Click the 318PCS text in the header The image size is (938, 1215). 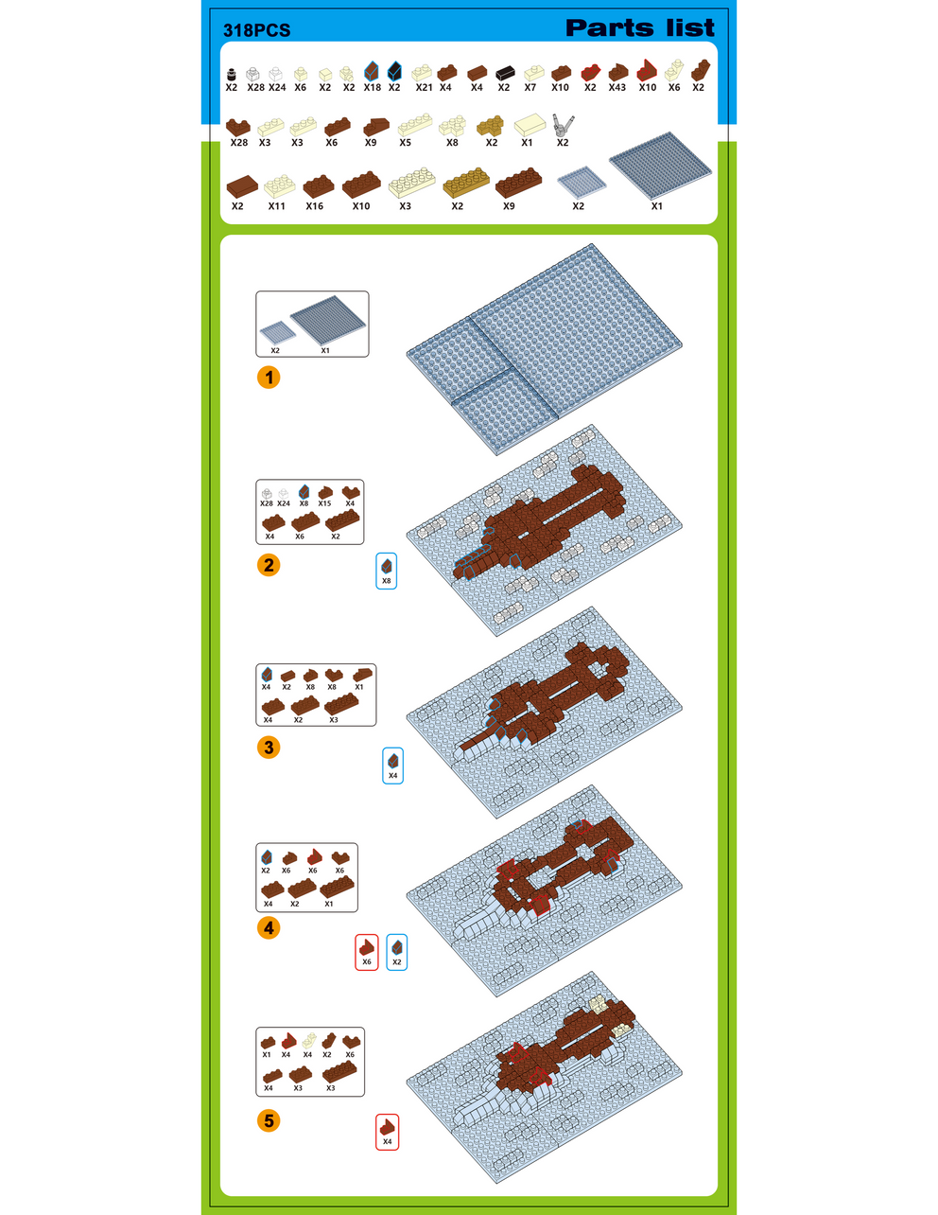coord(256,30)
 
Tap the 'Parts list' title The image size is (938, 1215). coord(639,28)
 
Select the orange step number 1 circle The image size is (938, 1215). coord(269,378)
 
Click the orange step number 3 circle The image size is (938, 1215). coord(269,748)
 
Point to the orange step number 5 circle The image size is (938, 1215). coord(269,1121)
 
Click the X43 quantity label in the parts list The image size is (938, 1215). coord(617,87)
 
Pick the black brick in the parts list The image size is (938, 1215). coord(504,72)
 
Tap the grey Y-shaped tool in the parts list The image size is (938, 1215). coord(563,124)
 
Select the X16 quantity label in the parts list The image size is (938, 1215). coord(314,205)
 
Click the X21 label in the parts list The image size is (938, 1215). coord(424,87)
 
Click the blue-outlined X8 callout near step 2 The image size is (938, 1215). coord(386,571)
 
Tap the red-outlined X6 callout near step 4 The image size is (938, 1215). coord(367,951)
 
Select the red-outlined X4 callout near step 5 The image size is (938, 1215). coord(387,1132)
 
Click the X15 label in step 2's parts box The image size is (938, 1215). coord(324,503)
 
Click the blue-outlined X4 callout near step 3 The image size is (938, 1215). coord(393,766)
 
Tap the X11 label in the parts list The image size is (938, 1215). coord(276,205)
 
